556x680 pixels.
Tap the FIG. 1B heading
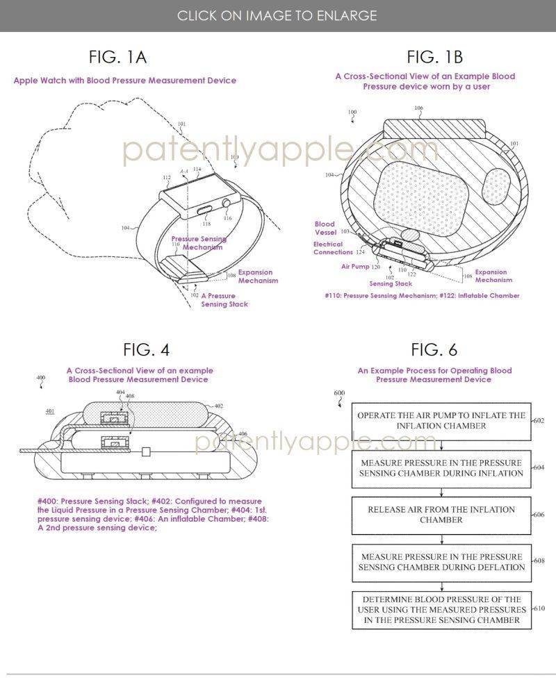(x=434, y=56)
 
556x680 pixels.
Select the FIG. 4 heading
(x=146, y=349)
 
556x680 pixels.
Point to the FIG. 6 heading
(x=434, y=349)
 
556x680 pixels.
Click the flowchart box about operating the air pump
(x=441, y=420)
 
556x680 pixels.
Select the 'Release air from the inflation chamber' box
(x=441, y=514)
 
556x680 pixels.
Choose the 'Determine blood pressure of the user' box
(x=441, y=610)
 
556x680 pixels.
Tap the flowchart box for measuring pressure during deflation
(x=441, y=562)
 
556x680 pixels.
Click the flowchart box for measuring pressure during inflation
(x=441, y=467)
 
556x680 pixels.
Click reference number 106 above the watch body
(x=418, y=108)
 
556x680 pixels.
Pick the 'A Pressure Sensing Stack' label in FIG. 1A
(x=224, y=300)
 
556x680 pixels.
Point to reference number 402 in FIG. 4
(x=218, y=406)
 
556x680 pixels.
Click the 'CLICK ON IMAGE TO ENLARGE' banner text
(x=277, y=15)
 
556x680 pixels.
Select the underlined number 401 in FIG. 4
(x=50, y=411)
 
